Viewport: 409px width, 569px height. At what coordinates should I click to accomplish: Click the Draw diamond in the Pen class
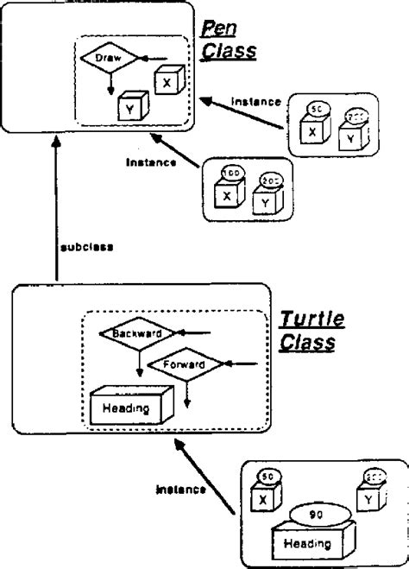110,58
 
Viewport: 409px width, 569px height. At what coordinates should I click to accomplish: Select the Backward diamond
130,332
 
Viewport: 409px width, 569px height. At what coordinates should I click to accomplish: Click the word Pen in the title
215,30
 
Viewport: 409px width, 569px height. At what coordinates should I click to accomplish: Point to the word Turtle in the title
311,320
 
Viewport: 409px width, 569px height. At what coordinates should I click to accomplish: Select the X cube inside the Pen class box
166,80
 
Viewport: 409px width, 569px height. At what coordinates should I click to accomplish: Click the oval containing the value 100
230,174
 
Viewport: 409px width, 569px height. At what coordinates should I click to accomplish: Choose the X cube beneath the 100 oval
227,196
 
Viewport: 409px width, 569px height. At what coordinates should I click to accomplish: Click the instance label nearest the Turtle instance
180,490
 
